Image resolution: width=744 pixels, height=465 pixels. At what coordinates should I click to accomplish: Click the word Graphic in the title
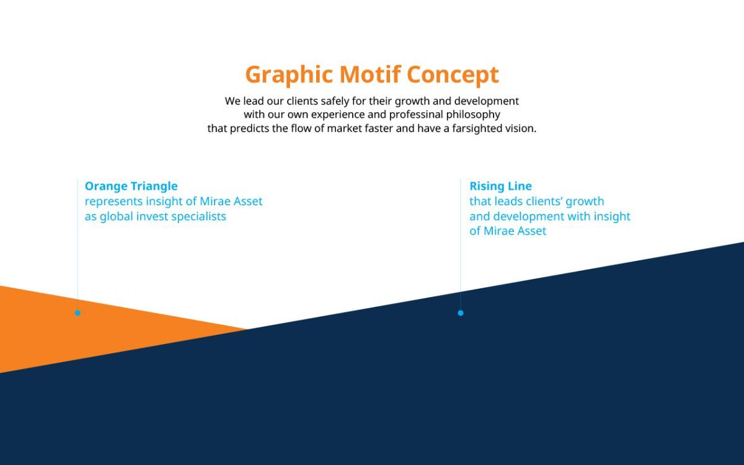click(289, 76)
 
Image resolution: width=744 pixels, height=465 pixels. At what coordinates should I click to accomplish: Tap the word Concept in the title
click(453, 76)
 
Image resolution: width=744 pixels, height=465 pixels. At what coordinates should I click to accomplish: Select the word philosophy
click(473, 115)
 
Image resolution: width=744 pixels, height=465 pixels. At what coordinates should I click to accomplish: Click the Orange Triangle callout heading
click(131, 187)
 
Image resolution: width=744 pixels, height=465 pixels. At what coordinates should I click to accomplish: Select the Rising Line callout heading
click(500, 186)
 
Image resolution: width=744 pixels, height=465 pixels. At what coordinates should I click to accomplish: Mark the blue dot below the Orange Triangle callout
click(77, 313)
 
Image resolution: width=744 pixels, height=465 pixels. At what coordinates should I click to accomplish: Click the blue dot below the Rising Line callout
click(460, 313)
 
